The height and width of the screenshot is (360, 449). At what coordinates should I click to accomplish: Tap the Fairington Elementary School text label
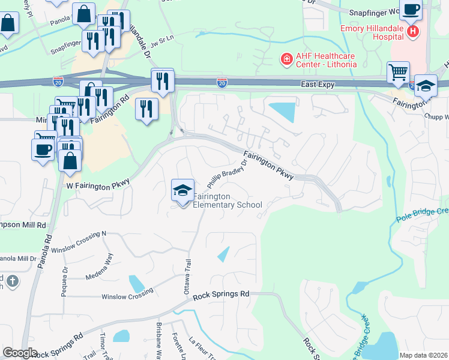pyautogui.click(x=228, y=200)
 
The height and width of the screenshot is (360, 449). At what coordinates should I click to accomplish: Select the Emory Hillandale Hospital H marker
pyautogui.click(x=412, y=32)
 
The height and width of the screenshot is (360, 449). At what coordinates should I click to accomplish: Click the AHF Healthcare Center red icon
pyautogui.click(x=287, y=59)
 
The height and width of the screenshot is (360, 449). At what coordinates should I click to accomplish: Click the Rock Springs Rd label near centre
pyautogui.click(x=221, y=295)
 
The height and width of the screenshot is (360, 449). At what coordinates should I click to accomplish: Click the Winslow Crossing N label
pyautogui.click(x=78, y=241)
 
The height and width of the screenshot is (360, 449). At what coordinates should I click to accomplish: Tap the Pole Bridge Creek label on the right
pyautogui.click(x=423, y=215)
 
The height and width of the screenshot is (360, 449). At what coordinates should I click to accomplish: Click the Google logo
pyautogui.click(x=20, y=353)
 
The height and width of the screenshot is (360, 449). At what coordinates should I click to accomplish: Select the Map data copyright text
pyautogui.click(x=423, y=355)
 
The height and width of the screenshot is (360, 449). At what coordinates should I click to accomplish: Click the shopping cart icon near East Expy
pyautogui.click(x=398, y=73)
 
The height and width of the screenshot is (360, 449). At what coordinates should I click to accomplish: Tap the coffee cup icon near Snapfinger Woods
pyautogui.click(x=411, y=10)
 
